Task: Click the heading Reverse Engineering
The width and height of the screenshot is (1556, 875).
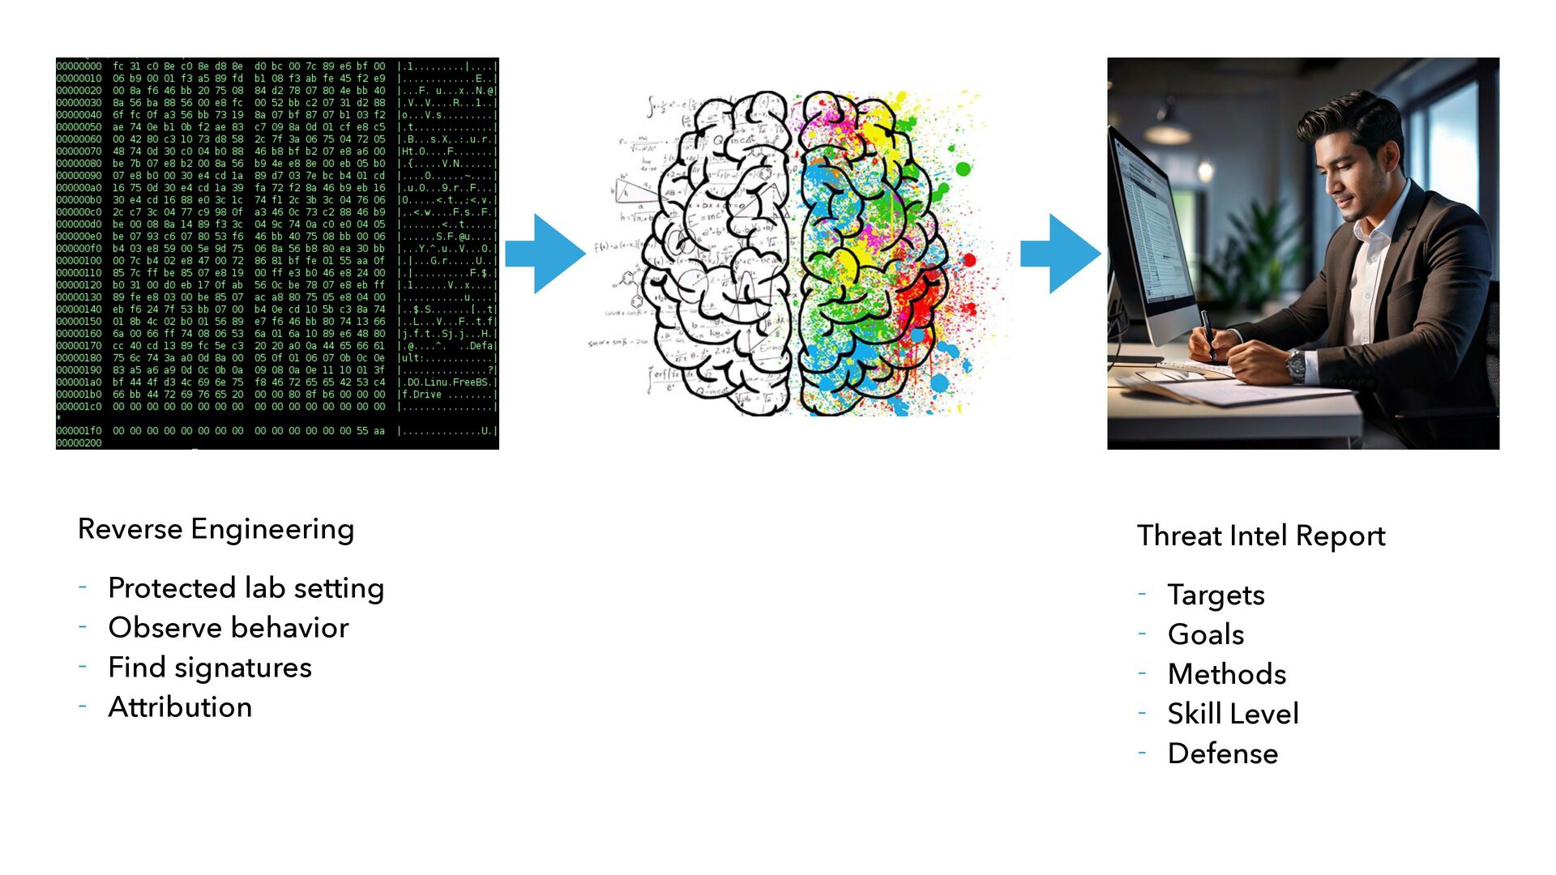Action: point(216,529)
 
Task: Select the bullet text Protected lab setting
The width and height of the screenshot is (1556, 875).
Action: point(246,588)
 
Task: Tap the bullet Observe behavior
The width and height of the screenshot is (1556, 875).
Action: point(228,628)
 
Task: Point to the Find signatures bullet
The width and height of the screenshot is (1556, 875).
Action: point(209,668)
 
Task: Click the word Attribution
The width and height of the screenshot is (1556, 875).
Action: point(180,707)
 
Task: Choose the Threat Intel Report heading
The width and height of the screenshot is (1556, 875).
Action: point(1261,536)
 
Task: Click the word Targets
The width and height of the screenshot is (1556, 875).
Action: point(1216,595)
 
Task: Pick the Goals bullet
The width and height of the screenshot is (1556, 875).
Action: point(1205,635)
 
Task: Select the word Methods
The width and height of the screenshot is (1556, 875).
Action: point(1226,675)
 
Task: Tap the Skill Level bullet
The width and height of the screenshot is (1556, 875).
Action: point(1233,715)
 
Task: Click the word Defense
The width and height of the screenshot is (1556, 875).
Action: point(1222,754)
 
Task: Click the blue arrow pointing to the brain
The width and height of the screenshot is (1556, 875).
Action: point(545,254)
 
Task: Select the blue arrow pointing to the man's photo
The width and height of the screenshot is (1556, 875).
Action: point(1060,254)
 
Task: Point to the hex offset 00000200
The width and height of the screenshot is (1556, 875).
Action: point(79,443)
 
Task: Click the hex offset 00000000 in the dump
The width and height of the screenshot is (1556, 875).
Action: point(79,66)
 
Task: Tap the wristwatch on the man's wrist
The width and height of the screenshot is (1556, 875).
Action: point(1296,365)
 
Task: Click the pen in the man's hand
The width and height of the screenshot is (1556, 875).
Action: point(1208,333)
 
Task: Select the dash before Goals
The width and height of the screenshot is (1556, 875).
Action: point(1142,633)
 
